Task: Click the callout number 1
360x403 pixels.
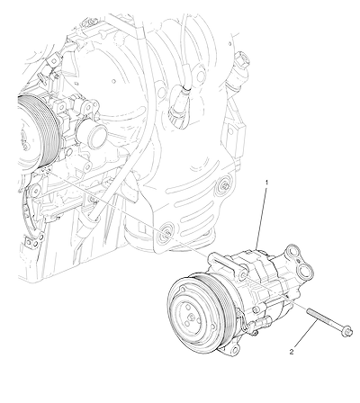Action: pyautogui.click(x=266, y=182)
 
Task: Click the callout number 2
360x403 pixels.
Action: pyautogui.click(x=292, y=352)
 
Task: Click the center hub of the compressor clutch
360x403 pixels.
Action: pyautogui.click(x=191, y=317)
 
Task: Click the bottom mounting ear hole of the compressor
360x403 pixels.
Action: pyautogui.click(x=235, y=349)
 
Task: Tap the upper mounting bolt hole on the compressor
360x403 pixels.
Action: pyautogui.click(x=243, y=275)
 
